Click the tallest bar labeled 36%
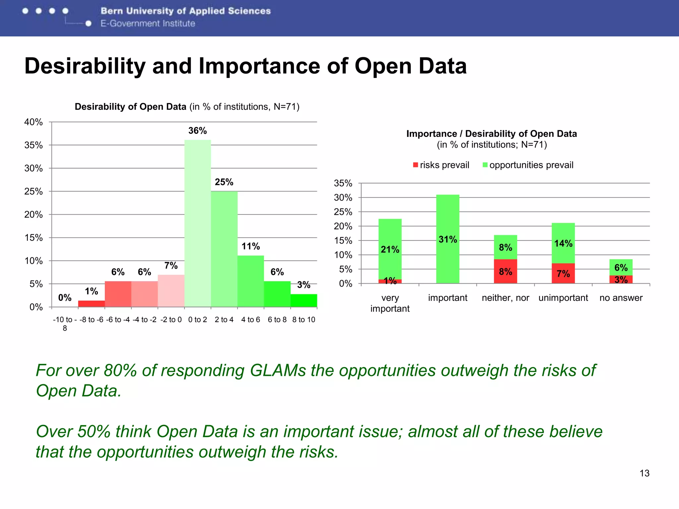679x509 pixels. [198, 224]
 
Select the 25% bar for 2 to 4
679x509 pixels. [224, 249]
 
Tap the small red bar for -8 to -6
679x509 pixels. [92, 304]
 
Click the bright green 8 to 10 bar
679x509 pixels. [304, 301]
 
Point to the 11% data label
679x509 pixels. [251, 246]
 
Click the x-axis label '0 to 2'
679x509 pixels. [198, 320]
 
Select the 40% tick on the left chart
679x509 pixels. [33, 122]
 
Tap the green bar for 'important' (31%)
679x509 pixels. [448, 239]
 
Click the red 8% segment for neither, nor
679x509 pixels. [505, 271]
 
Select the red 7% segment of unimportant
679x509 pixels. [563, 273]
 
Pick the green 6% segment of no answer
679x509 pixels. [621, 267]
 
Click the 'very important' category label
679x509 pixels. [390, 303]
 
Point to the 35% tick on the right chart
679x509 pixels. [343, 183]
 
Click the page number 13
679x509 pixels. [644, 473]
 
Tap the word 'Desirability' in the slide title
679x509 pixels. [85, 66]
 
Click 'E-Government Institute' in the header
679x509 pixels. [148, 24]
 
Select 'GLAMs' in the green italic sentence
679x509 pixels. [278, 370]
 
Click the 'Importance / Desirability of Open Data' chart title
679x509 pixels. [491, 134]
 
